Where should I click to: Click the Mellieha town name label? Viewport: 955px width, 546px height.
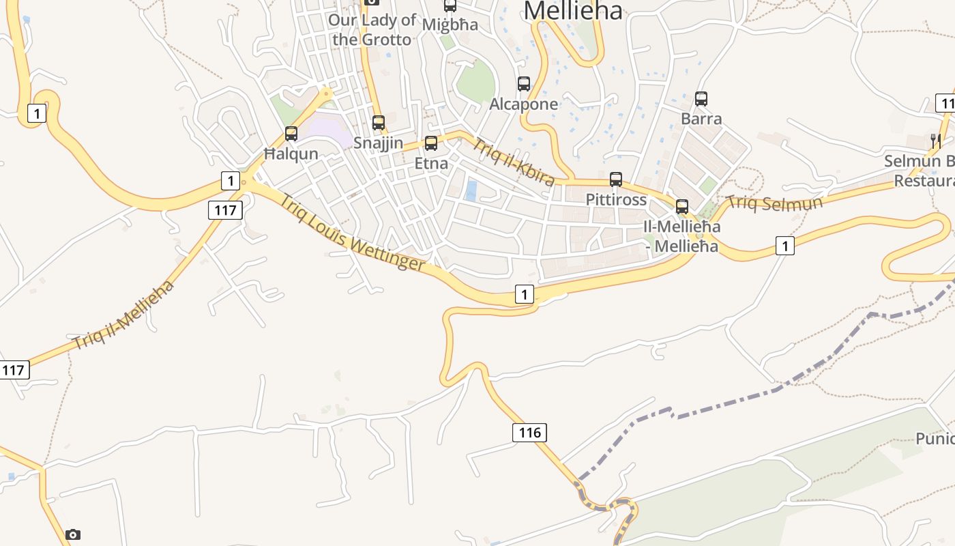[x=573, y=10]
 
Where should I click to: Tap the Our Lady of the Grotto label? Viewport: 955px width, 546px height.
[x=372, y=29]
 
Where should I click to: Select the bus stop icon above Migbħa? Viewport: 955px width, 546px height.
[x=450, y=5]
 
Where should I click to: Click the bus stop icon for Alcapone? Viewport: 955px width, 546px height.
[x=524, y=84]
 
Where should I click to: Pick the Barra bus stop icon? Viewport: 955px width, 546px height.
[x=701, y=98]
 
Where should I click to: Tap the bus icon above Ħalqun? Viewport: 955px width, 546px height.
[x=291, y=134]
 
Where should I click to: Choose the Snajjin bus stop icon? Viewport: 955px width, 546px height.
[x=379, y=123]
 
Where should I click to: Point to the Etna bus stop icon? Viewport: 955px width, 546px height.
[x=431, y=143]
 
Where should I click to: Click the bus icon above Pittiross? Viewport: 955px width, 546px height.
[x=616, y=179]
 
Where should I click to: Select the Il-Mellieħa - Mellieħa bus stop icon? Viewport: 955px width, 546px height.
[x=682, y=207]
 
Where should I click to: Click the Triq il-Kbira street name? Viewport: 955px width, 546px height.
[x=514, y=162]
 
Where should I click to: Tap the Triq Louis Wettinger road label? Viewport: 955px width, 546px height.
[x=352, y=233]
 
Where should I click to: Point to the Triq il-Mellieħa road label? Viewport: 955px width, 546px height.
[x=123, y=315]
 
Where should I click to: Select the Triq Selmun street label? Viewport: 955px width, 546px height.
[x=774, y=203]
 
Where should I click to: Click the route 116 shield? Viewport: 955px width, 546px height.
[x=529, y=432]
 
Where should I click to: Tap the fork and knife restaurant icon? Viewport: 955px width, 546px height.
[x=936, y=141]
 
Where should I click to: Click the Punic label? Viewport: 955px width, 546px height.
[x=935, y=438]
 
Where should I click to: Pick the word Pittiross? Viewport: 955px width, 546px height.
[x=616, y=200]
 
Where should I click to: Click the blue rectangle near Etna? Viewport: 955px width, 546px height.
[x=471, y=190]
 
